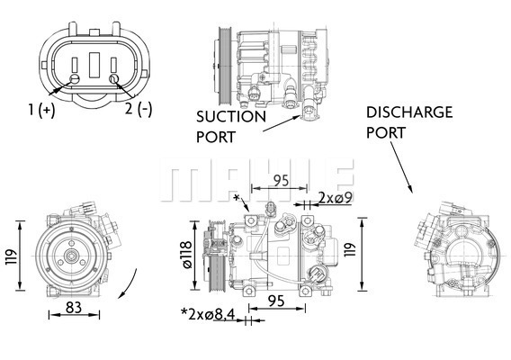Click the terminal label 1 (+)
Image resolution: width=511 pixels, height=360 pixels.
coord(41,110)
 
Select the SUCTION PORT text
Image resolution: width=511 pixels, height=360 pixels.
coord(230,126)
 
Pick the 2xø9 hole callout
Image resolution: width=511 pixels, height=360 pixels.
coord(333,195)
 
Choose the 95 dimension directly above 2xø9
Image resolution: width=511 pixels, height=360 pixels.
coord(279,180)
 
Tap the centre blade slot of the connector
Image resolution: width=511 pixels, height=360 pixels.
coord(94,65)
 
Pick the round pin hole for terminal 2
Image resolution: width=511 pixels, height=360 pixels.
coord(114,79)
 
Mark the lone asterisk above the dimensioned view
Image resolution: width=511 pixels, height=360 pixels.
coord(236,197)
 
